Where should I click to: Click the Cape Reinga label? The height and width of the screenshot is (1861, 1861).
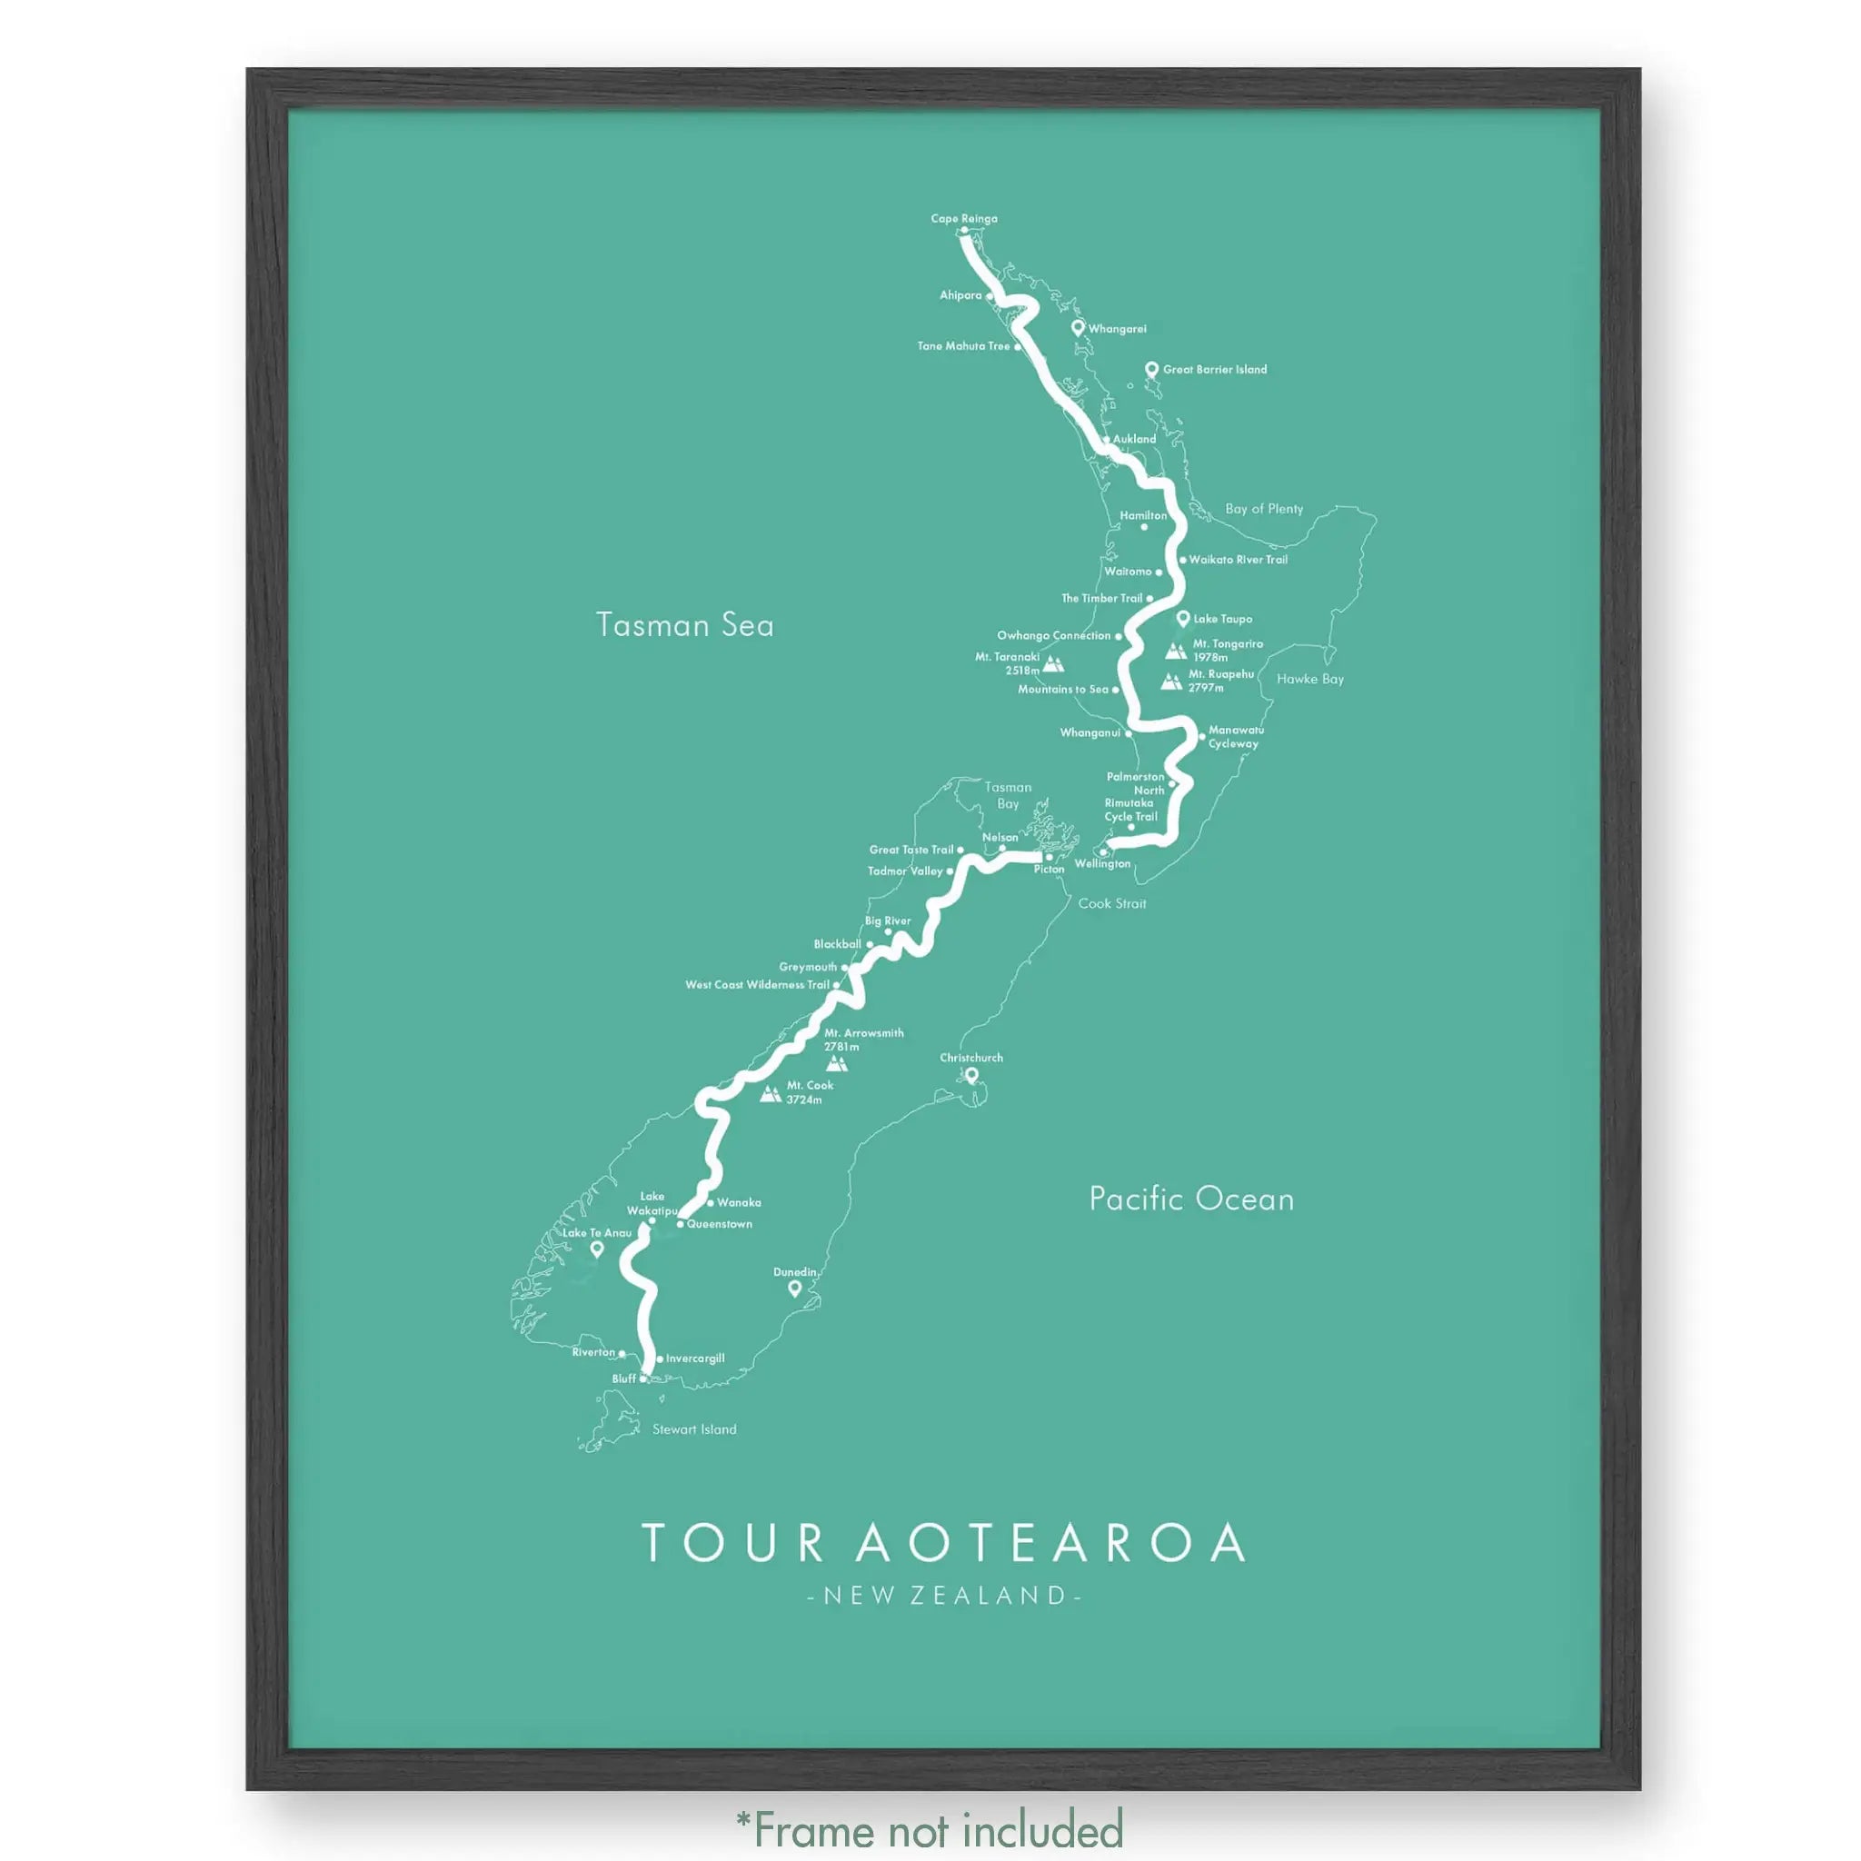pos(963,219)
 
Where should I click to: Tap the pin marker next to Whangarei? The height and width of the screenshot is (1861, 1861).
pos(1078,327)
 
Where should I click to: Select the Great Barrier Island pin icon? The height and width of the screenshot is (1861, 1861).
pos(1150,369)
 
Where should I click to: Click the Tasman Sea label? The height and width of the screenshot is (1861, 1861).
pos(684,625)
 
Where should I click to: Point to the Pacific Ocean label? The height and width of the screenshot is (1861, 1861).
pos(1190,1199)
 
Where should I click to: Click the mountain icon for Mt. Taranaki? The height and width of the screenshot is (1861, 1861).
pos(1053,664)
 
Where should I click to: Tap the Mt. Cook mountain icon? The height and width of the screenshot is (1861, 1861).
pos(770,1093)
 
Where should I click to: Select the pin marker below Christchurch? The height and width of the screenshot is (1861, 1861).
pos(971,1075)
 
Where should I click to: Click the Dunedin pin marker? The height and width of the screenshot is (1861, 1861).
pos(795,1288)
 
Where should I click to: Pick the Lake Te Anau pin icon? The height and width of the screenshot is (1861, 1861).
pos(596,1249)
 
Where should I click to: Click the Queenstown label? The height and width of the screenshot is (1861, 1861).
pos(720,1224)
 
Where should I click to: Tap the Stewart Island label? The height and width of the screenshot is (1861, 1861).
pos(693,1429)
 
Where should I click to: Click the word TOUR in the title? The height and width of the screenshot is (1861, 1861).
pos(733,1543)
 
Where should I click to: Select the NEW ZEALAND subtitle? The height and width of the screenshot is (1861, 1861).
pos(944,1596)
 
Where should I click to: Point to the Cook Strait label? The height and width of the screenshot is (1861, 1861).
pos(1111,903)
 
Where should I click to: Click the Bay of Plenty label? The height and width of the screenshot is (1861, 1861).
pos(1263,509)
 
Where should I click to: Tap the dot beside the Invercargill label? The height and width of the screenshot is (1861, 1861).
pos(659,1359)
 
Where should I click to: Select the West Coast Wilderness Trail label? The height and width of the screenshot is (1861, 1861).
pos(756,984)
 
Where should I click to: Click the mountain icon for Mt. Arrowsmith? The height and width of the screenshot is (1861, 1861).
pos(837,1063)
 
